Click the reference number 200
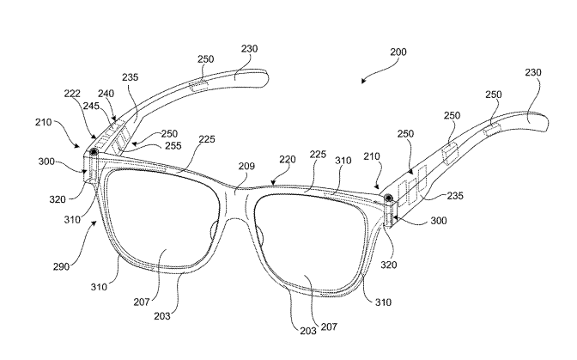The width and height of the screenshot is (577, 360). point(398,52)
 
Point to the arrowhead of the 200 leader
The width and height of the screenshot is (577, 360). point(363,81)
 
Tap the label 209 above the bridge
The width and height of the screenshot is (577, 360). point(246,167)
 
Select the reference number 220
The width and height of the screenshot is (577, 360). point(287,160)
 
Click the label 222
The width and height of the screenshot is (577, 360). point(72,94)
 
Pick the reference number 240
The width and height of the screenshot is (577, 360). point(106,94)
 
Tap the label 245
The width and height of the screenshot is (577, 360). point(91,106)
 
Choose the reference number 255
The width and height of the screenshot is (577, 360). point(173,146)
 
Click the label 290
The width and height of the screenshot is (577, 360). point(61,266)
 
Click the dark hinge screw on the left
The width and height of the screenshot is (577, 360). point(94,152)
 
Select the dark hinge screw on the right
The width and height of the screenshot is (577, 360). point(389,198)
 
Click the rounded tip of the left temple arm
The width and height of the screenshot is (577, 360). point(264,78)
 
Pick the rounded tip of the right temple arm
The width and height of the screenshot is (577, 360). point(544,123)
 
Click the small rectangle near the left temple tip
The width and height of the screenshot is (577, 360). point(198,86)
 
